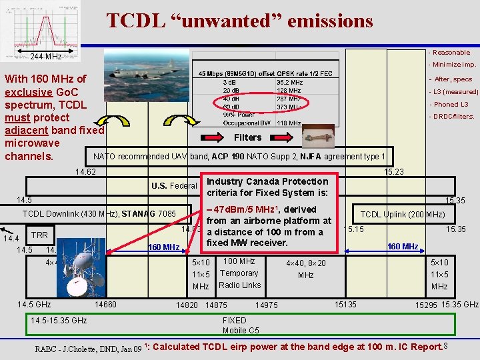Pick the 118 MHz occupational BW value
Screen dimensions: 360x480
pyautogui.click(x=288, y=123)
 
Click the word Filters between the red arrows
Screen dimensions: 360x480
pyautogui.click(x=248, y=137)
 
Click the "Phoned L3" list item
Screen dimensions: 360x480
pyautogui.click(x=451, y=104)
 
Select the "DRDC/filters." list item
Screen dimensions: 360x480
pyautogui.click(x=453, y=117)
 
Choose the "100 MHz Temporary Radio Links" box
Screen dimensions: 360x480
pyautogui.click(x=239, y=273)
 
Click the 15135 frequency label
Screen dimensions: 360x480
pyautogui.click(x=345, y=305)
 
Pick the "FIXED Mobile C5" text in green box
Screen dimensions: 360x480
pyautogui.click(x=240, y=325)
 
